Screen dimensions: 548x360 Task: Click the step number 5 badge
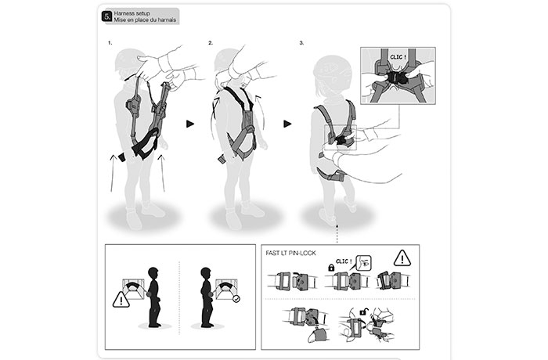(107, 16)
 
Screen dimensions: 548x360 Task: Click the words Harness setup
(132, 13)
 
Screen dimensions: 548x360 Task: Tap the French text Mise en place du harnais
(145, 20)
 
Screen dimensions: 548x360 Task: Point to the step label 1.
(110, 43)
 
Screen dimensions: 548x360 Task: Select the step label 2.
(211, 43)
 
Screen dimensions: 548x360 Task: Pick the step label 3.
(301, 43)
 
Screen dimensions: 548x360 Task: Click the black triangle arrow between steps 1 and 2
(190, 124)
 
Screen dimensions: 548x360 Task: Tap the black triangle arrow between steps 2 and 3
(287, 124)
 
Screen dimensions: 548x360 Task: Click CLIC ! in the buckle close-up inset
(398, 57)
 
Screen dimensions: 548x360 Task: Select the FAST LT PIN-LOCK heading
(290, 253)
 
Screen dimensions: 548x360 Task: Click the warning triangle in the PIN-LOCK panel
(402, 258)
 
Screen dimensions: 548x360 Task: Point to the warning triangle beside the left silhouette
(121, 300)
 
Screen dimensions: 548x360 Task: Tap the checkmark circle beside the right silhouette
(236, 299)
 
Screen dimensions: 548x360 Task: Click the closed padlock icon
(331, 268)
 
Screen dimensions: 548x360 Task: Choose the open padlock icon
(362, 311)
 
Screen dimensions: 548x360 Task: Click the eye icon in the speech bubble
(366, 263)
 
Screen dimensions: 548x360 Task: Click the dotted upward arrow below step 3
(337, 234)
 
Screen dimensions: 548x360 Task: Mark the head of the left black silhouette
(153, 272)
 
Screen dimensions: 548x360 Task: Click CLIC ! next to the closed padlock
(344, 261)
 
